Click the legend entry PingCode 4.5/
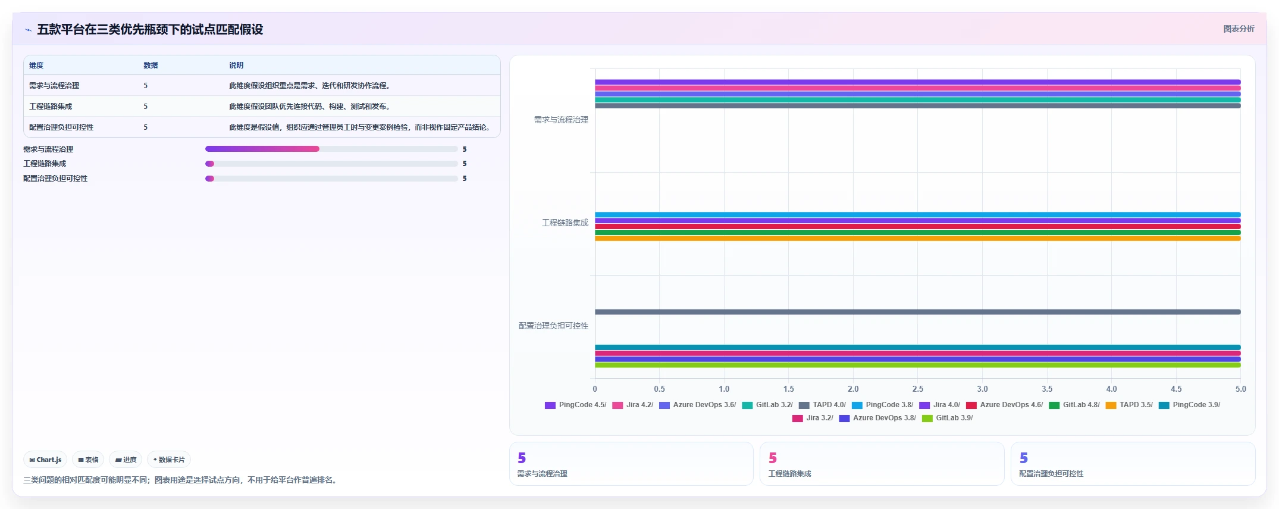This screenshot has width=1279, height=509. click(576, 405)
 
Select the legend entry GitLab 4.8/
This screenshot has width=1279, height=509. click(1074, 405)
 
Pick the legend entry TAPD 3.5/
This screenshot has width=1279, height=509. click(1129, 405)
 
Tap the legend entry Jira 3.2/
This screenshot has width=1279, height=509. click(813, 418)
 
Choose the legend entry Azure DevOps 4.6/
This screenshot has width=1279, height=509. click(1005, 405)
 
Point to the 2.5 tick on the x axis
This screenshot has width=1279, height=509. click(918, 389)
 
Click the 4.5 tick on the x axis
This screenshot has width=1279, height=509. click(1176, 389)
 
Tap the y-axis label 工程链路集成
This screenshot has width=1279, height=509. click(565, 223)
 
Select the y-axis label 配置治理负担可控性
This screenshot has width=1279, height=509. click(553, 326)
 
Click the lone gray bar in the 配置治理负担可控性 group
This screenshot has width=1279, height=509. click(918, 312)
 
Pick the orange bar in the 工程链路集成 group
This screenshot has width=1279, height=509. click(918, 238)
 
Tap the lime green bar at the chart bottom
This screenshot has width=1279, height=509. click(918, 365)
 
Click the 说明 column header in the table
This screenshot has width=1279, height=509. click(236, 65)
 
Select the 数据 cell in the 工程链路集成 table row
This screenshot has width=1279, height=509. click(145, 107)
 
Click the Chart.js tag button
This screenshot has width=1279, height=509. click(45, 460)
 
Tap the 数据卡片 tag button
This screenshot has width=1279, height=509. click(169, 460)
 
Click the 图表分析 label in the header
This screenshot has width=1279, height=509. click(1239, 29)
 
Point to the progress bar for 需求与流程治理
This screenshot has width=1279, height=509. click(331, 149)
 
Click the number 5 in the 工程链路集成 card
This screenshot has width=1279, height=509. click(773, 458)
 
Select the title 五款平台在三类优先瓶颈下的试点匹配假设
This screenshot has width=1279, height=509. click(150, 29)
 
